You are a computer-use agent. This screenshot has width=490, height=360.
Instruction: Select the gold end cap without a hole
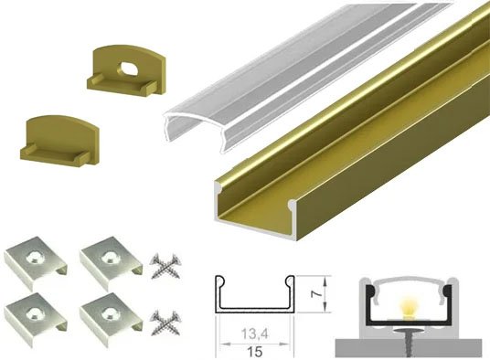click(x=54, y=137)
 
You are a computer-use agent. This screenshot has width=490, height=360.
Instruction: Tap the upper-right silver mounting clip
click(x=107, y=261)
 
